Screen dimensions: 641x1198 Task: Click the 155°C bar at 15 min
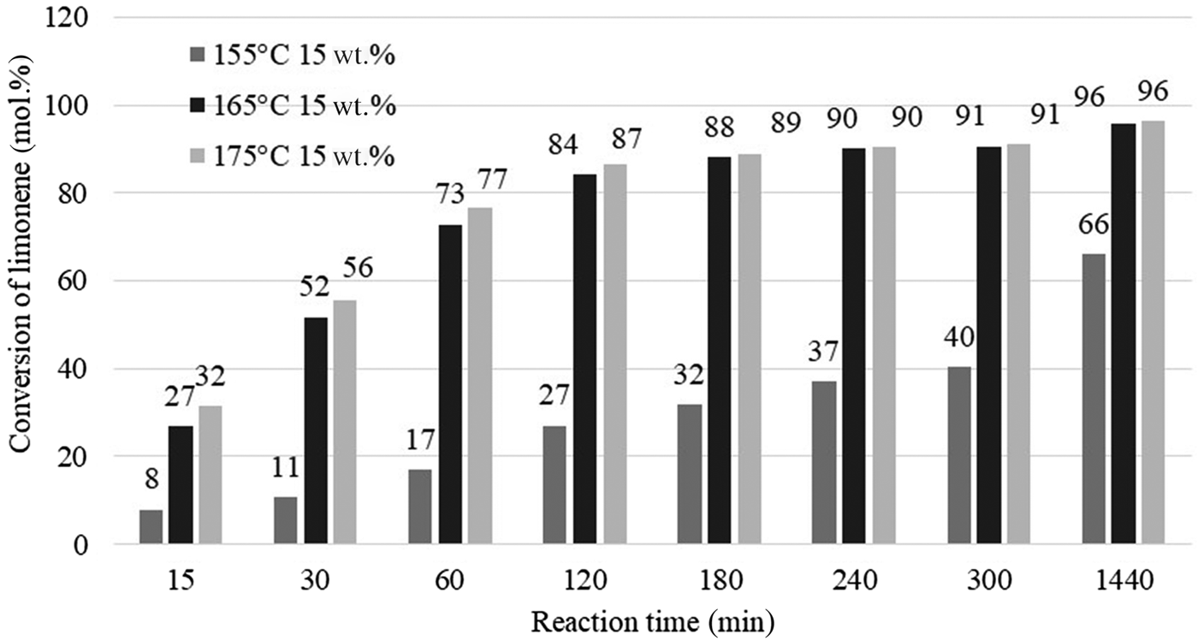coord(151,526)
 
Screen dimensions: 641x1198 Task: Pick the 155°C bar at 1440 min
coord(1094,399)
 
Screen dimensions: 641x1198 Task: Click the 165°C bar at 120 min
coord(585,359)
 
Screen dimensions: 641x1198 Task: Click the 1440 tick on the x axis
coord(1124,580)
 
